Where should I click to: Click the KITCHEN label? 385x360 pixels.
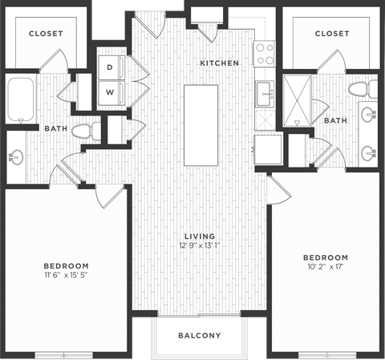219,63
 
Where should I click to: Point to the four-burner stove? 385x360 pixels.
265,54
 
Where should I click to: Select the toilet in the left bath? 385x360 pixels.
83,131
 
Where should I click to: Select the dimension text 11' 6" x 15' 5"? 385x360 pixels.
66,275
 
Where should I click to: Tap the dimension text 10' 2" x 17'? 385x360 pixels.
325,267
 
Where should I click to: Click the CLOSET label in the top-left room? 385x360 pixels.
45,34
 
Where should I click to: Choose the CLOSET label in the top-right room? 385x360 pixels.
331,34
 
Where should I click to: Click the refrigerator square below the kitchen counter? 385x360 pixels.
266,148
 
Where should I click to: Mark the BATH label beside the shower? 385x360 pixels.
335,120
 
